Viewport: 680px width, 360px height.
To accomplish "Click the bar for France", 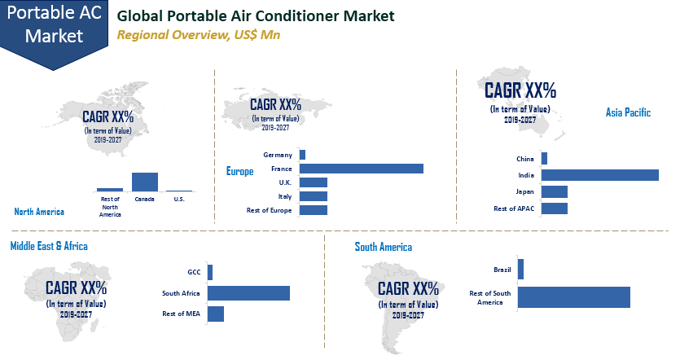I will [x=361, y=169].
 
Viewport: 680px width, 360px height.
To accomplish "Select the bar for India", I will [x=599, y=175].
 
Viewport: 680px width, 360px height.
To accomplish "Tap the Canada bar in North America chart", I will [x=145, y=181].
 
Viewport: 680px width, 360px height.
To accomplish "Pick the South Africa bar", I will [x=248, y=293].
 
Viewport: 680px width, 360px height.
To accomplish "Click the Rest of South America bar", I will [x=573, y=297].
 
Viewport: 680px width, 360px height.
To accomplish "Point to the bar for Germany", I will [x=302, y=155].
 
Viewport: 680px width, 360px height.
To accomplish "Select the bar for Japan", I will [x=554, y=192].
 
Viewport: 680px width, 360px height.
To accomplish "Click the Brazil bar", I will [x=520, y=270].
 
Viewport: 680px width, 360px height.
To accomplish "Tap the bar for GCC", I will [x=209, y=273].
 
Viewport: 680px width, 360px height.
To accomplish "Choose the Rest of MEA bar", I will [x=215, y=314].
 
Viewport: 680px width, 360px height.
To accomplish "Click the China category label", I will [x=525, y=159].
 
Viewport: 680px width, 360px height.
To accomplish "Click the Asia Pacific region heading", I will [x=627, y=113].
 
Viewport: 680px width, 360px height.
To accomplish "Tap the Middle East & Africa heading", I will [x=49, y=246].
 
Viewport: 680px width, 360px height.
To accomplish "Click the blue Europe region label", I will [x=239, y=172].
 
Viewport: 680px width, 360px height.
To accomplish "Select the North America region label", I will [x=39, y=212].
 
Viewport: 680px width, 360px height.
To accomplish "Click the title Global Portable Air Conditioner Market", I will [x=256, y=16].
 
